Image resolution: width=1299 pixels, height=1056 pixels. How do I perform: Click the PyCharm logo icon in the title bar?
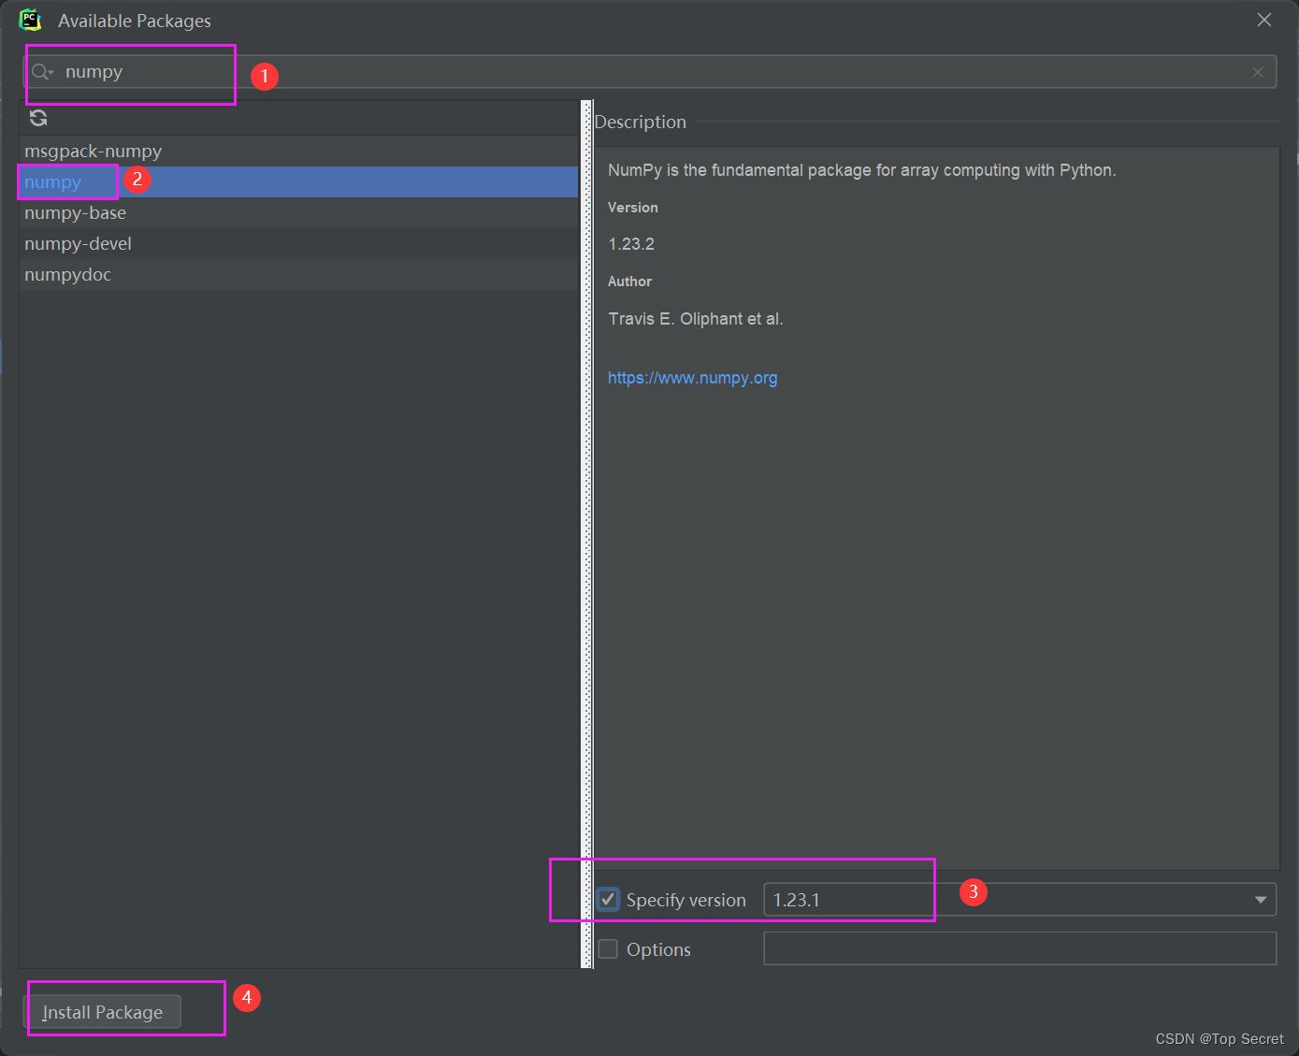pyautogui.click(x=30, y=21)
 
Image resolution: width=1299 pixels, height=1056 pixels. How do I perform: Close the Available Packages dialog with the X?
pyautogui.click(x=1264, y=21)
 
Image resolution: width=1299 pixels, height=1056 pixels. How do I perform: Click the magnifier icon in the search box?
pyautogui.click(x=42, y=72)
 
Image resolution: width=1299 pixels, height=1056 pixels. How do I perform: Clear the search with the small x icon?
pyautogui.click(x=1258, y=72)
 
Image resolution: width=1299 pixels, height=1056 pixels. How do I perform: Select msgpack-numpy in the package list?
pyautogui.click(x=94, y=151)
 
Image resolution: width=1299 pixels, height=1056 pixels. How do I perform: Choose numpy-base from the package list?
pyautogui.click(x=76, y=213)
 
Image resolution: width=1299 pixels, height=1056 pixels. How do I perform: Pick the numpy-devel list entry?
pyautogui.click(x=78, y=243)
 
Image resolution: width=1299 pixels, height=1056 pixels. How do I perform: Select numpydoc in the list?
pyautogui.click(x=67, y=275)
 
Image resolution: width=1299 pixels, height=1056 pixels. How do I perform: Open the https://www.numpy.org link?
pyautogui.click(x=692, y=378)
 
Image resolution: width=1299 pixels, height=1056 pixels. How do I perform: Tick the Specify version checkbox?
pyautogui.click(x=608, y=899)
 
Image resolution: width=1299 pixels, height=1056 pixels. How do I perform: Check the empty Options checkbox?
pyautogui.click(x=608, y=948)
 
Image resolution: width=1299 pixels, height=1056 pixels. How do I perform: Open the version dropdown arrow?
pyautogui.click(x=1261, y=900)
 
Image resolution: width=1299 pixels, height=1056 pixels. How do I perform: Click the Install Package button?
pyautogui.click(x=103, y=1012)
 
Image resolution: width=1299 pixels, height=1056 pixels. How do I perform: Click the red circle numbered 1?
pyautogui.click(x=265, y=77)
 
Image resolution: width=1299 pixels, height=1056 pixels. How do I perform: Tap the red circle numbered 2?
pyautogui.click(x=137, y=180)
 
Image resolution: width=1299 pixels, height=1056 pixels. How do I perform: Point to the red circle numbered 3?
pyautogui.click(x=974, y=892)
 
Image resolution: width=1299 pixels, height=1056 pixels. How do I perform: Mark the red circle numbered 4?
pyautogui.click(x=247, y=997)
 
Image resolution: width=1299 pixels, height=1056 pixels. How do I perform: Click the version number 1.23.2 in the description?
pyautogui.click(x=631, y=244)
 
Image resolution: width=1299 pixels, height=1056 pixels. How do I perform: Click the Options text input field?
pyautogui.click(x=1019, y=948)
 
